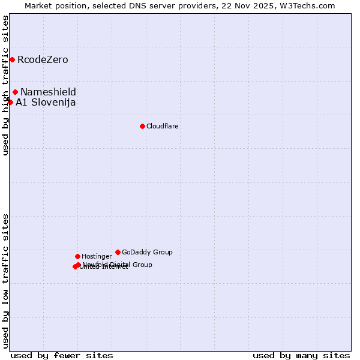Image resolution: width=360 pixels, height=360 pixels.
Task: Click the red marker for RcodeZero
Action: (12, 59)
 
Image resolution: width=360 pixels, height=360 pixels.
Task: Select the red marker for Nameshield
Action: (16, 92)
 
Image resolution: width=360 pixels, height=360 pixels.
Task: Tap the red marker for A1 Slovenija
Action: (10, 102)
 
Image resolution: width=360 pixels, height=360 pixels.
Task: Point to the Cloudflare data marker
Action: (142, 126)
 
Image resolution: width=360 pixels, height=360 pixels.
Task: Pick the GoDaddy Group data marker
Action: (118, 252)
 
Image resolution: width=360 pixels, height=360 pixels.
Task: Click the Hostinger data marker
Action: (77, 256)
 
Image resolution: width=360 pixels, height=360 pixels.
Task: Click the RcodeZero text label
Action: (43, 59)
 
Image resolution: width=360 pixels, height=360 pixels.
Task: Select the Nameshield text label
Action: (48, 92)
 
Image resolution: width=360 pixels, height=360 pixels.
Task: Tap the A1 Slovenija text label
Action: (46, 102)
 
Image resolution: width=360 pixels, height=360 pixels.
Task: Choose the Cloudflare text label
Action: (163, 126)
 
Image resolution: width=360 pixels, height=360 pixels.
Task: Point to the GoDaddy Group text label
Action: (147, 252)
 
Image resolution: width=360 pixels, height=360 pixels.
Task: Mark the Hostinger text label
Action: (97, 256)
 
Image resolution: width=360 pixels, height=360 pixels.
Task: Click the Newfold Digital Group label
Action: (118, 264)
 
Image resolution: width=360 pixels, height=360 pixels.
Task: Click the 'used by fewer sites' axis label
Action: (62, 355)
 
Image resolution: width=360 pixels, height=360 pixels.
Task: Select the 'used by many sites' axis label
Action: (301, 355)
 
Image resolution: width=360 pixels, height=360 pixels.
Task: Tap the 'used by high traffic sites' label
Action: (6, 85)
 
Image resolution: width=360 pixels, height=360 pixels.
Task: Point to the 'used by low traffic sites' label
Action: (6, 281)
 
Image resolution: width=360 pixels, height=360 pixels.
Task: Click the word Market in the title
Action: (38, 5)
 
